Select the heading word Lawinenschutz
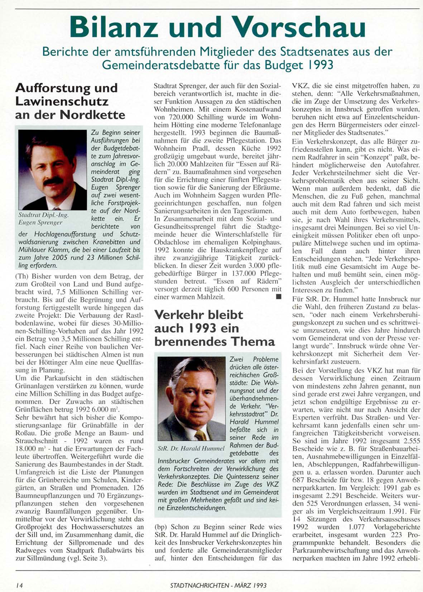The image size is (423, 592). point(62,101)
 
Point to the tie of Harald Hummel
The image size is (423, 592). point(200,435)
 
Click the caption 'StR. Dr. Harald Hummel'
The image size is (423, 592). point(191,448)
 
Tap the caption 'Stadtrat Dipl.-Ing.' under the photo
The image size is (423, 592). point(43,215)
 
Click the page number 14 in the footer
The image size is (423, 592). point(19,585)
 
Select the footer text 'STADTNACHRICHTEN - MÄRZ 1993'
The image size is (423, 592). point(218,585)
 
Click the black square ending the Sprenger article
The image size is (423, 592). point(278,297)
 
